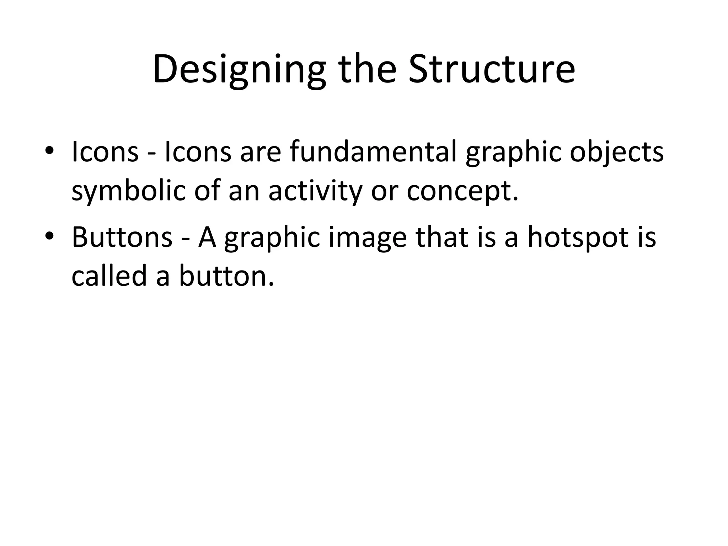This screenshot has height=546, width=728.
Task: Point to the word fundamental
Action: coord(373,152)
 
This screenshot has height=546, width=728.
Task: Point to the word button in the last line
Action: coord(226,276)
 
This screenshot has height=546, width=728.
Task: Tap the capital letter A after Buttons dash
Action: coord(207,237)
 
